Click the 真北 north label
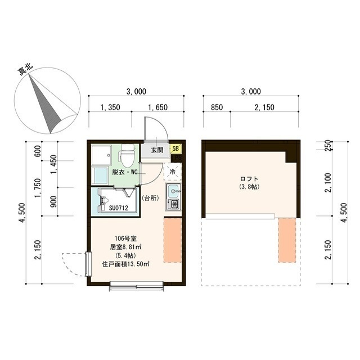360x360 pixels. click(x=26, y=69)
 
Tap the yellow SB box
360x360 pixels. click(x=175, y=148)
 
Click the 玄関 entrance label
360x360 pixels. click(x=157, y=150)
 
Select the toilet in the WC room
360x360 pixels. click(x=127, y=155)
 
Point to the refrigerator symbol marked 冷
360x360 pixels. click(x=173, y=172)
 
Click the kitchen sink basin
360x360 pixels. click(x=173, y=191)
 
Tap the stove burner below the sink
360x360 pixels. click(x=174, y=204)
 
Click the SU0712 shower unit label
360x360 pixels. click(x=118, y=208)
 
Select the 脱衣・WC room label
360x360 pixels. click(x=124, y=172)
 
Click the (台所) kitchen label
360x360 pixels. click(x=150, y=198)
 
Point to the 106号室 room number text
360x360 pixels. click(x=126, y=238)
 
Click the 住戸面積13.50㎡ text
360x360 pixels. click(x=125, y=264)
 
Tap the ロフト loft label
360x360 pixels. click(x=249, y=179)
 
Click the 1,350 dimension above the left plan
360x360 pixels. click(x=110, y=107)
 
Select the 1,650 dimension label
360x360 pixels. click(x=157, y=107)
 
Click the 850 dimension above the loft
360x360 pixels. click(x=217, y=107)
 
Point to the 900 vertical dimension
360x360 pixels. click(x=53, y=201)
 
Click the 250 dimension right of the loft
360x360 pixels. click(x=328, y=145)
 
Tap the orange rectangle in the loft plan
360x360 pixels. click(x=287, y=240)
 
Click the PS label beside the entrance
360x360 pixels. click(x=178, y=157)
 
